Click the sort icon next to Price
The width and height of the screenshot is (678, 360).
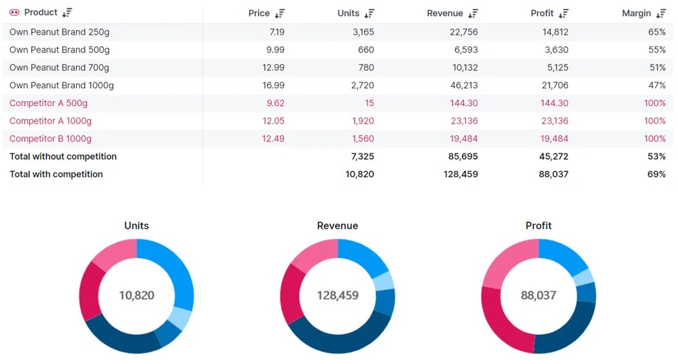point(280,14)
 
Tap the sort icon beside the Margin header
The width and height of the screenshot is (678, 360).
point(661,14)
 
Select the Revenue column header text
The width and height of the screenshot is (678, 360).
point(445,14)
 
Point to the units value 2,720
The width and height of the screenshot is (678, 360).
point(362,85)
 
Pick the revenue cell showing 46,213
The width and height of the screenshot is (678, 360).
point(464,85)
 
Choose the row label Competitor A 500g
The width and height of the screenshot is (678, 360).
point(48,103)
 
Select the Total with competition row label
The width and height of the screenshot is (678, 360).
point(56,174)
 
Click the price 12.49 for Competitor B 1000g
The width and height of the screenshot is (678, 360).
point(273,139)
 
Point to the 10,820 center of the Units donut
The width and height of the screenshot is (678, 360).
point(137,295)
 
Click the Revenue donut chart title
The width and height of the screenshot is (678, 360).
point(338,226)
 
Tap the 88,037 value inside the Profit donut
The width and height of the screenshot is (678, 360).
point(539,295)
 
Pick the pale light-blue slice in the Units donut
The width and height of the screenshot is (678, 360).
point(180,318)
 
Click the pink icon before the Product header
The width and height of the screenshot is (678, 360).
point(14,13)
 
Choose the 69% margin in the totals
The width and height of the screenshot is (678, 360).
point(657,174)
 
